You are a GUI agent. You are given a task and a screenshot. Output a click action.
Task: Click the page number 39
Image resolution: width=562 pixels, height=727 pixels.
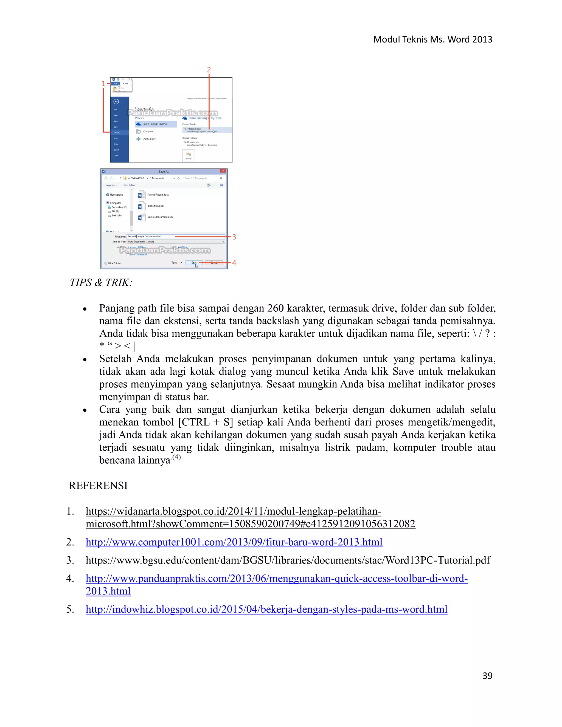click(x=487, y=675)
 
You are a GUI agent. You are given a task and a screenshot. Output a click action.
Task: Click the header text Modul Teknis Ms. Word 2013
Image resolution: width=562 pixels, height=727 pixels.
click(x=432, y=39)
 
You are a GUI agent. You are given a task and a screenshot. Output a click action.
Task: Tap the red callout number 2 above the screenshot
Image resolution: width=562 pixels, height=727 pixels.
click(x=209, y=70)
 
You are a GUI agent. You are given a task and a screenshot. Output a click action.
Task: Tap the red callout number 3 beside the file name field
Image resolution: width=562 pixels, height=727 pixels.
click(x=234, y=237)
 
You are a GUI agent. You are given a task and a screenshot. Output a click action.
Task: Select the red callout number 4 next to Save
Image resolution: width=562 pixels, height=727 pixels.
click(x=234, y=263)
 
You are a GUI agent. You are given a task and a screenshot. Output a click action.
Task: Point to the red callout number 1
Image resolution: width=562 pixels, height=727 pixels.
click(x=103, y=84)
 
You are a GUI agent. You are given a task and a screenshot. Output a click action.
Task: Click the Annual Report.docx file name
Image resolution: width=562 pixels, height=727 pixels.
click(x=158, y=195)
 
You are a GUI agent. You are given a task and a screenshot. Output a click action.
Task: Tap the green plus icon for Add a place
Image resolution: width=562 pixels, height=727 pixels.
click(x=139, y=139)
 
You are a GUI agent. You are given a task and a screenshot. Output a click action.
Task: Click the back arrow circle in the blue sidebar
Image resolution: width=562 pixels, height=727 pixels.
click(x=116, y=102)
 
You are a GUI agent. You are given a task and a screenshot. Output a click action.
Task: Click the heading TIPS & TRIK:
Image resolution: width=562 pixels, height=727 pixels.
click(x=101, y=283)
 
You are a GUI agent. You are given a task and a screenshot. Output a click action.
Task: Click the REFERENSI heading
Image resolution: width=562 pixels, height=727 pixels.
click(x=98, y=486)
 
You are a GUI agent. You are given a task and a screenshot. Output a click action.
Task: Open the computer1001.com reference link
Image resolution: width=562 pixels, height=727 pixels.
click(x=234, y=542)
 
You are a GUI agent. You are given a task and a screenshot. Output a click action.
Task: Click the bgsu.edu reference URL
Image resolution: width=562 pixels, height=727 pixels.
click(x=288, y=560)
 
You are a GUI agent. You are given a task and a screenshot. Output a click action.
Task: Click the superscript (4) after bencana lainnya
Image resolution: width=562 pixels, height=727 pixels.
click(x=176, y=457)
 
